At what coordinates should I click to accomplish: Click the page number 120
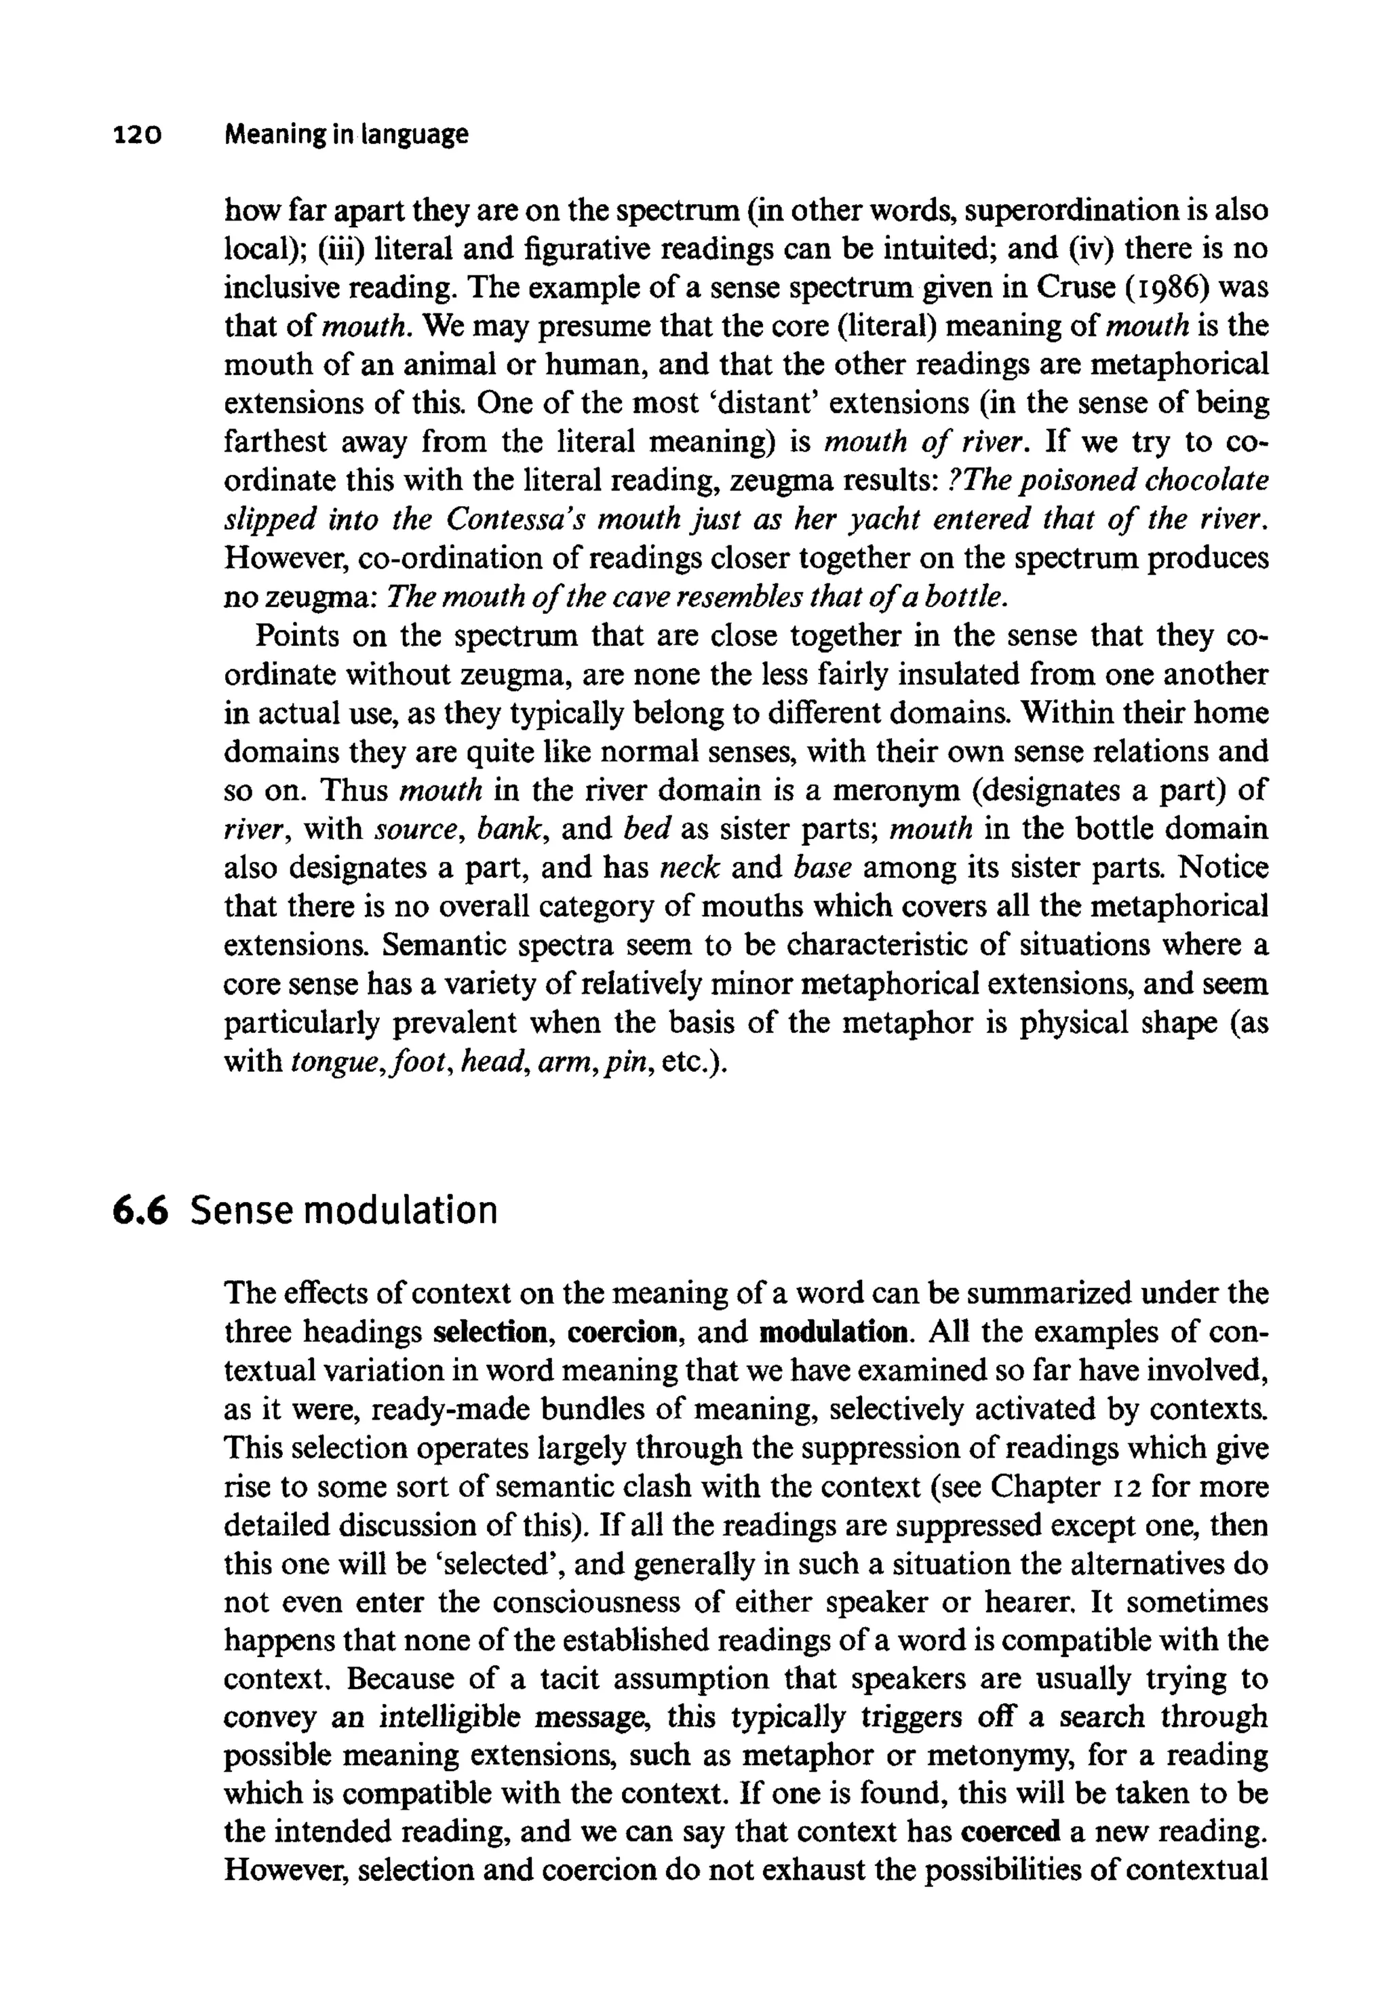click(138, 135)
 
